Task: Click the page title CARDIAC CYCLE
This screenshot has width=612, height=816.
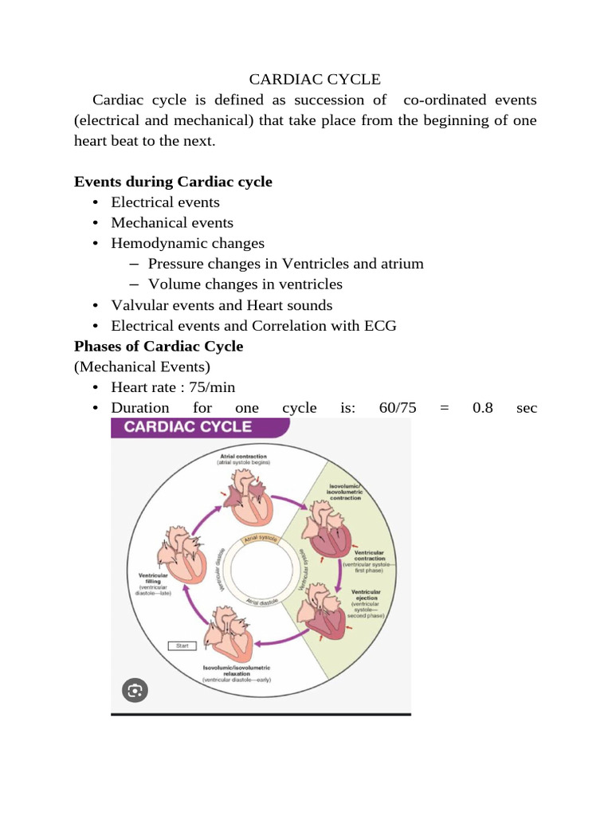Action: click(315, 79)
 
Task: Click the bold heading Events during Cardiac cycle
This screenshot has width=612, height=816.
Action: click(173, 182)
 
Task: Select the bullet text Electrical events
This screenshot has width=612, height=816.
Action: click(165, 202)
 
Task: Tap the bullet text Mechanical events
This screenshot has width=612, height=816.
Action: click(172, 223)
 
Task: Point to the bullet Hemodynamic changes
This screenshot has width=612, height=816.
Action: click(187, 244)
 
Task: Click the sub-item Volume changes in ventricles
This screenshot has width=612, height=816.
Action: click(245, 284)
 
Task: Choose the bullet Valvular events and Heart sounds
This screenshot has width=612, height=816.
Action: click(222, 305)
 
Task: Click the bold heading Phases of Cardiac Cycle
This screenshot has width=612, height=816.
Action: click(159, 347)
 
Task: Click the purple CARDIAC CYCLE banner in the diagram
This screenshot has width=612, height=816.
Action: click(200, 427)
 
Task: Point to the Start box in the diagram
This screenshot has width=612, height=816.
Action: click(182, 645)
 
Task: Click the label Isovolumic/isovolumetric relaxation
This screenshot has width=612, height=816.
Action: click(237, 668)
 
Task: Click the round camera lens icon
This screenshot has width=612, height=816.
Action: click(135, 689)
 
